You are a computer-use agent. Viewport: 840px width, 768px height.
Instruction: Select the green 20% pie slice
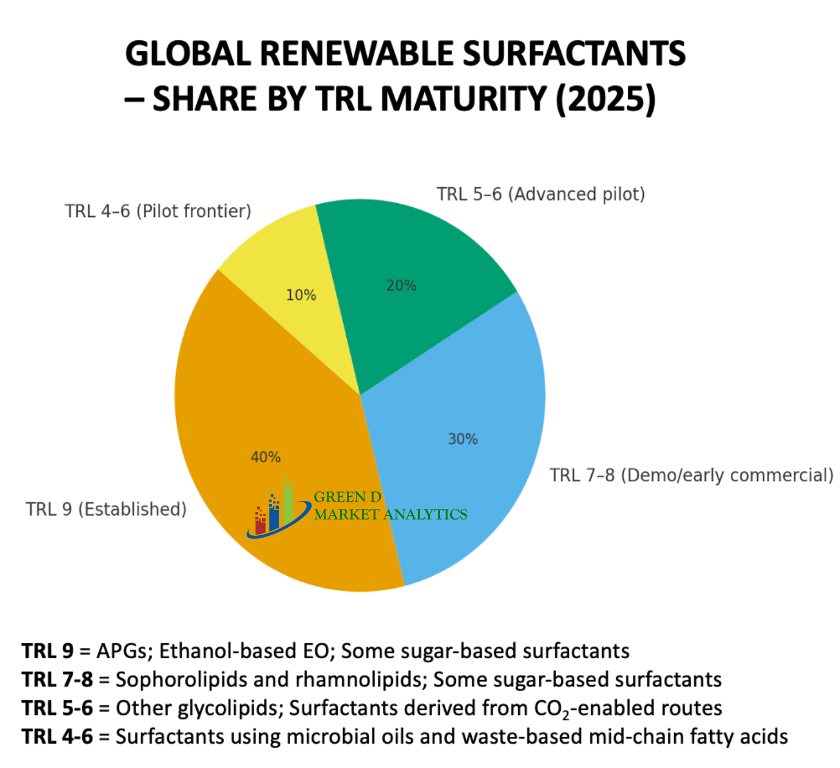coord(415,256)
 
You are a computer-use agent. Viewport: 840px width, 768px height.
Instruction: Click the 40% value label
coord(266,457)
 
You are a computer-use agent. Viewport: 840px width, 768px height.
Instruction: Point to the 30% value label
coord(463,439)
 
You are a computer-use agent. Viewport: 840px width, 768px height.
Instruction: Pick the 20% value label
coord(401,285)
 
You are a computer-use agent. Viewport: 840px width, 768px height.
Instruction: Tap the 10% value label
coord(301,295)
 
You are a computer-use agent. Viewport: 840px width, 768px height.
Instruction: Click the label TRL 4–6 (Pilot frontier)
coord(158,211)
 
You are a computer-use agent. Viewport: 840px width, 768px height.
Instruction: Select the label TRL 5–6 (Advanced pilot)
coord(541,194)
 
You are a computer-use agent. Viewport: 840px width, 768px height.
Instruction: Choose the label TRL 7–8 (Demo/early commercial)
coord(691,475)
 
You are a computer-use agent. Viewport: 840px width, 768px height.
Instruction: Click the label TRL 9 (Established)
coord(106,509)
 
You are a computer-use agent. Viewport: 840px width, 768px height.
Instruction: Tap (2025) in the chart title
coord(605,99)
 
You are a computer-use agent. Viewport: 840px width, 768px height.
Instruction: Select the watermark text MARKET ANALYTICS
coord(390,514)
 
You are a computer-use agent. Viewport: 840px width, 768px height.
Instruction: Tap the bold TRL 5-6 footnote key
coord(57,708)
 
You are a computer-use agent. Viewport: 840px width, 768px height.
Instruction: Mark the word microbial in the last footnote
coord(330,736)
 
